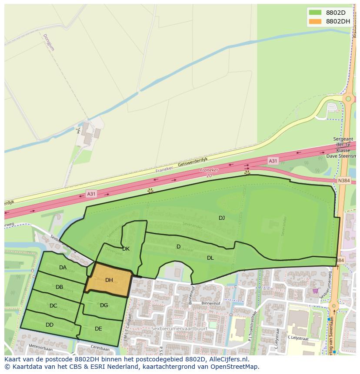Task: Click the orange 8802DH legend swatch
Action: tap(315, 21)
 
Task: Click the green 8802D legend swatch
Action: tap(315, 12)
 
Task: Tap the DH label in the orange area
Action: tap(109, 280)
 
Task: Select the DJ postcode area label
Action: tap(222, 218)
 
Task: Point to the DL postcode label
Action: tap(210, 258)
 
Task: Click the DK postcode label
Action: tap(126, 249)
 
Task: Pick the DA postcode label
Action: tap(63, 268)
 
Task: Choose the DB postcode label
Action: tap(60, 287)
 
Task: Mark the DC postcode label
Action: tap(53, 306)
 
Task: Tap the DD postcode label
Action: tap(50, 324)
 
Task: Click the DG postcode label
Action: tap(104, 305)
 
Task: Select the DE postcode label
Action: tap(98, 329)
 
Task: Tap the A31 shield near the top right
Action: tap(273, 161)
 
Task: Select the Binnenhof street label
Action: tap(212, 303)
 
